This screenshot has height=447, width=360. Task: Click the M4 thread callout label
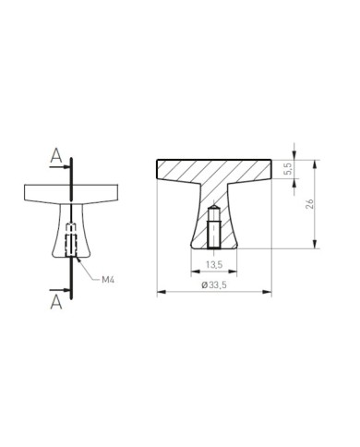pos(108,280)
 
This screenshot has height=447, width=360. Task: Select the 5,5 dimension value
pos(289,169)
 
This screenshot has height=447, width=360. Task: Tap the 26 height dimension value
pos(309,204)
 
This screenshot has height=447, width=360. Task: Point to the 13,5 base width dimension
pos(214,264)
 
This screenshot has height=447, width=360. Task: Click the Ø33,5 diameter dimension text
pos(214,285)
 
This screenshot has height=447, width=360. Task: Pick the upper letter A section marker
pos(56,155)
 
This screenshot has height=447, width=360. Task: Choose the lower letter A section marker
pos(56,302)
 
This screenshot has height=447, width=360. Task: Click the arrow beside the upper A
pos(60,167)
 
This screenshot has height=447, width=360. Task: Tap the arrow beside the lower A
pos(60,290)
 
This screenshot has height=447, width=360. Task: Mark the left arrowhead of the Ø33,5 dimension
pos(162,292)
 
